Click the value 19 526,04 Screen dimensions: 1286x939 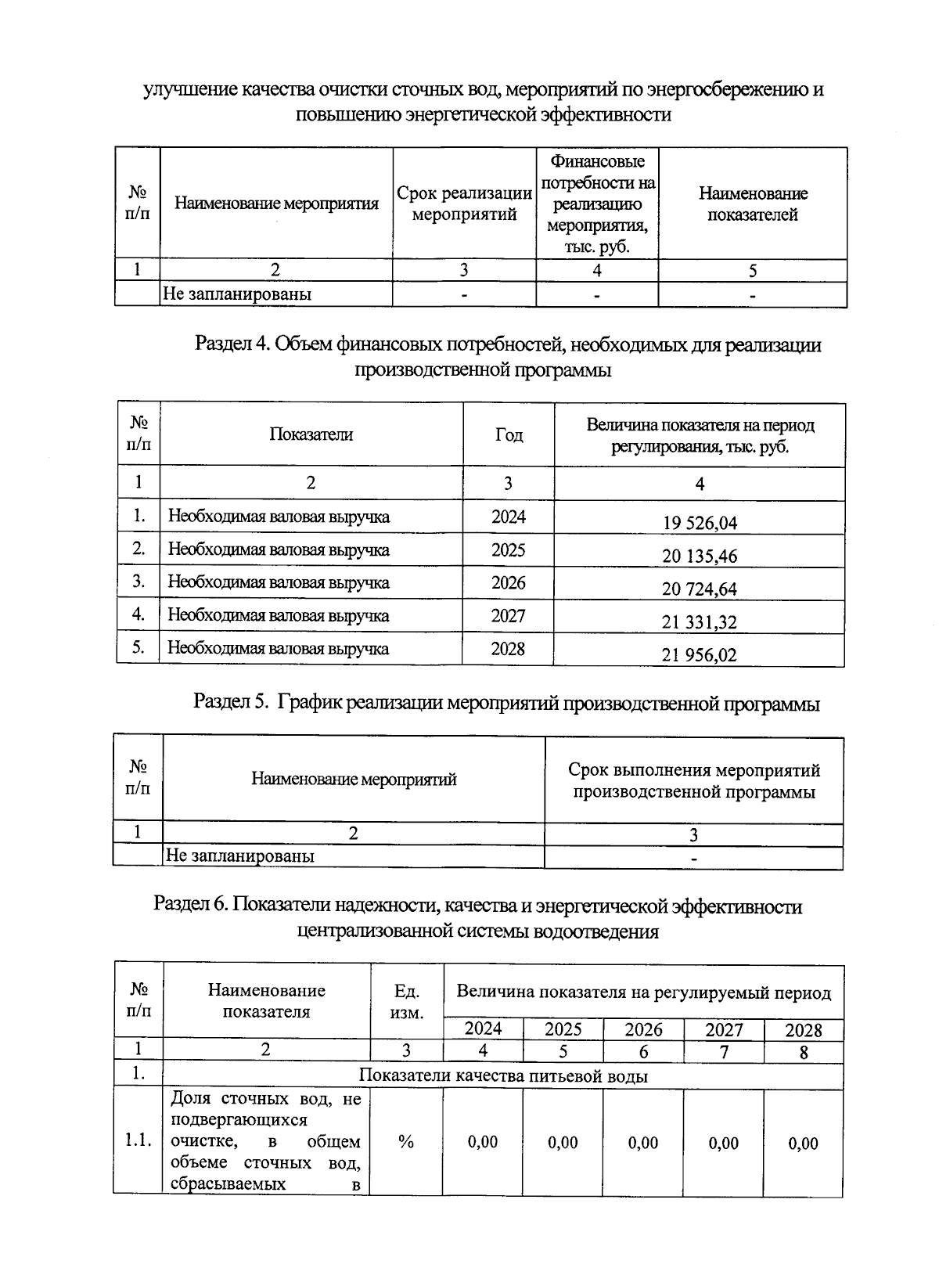[x=699, y=523]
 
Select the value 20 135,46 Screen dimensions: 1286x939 [x=699, y=557]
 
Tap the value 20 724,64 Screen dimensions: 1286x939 [x=699, y=589]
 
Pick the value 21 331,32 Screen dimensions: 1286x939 [x=699, y=622]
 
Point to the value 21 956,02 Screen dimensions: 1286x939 [x=699, y=655]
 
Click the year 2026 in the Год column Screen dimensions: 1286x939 [x=508, y=583]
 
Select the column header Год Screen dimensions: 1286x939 [x=509, y=435]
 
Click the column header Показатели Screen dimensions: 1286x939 [x=311, y=434]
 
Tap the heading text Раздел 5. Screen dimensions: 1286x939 [x=231, y=703]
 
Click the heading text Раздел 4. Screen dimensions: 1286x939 [x=232, y=344]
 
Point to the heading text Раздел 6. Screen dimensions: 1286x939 [x=191, y=906]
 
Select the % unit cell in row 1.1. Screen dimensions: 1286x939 [x=405, y=1142]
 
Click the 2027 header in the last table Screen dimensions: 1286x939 [x=724, y=1030]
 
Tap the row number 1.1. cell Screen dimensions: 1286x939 [x=138, y=1142]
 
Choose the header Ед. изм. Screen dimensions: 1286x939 [x=406, y=1001]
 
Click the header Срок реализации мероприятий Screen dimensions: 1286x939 [x=463, y=204]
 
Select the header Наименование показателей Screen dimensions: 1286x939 [x=752, y=204]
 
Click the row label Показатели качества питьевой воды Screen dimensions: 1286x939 [x=502, y=1075]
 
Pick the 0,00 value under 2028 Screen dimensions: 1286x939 [x=803, y=1143]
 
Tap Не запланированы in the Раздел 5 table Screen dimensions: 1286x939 [x=239, y=856]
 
